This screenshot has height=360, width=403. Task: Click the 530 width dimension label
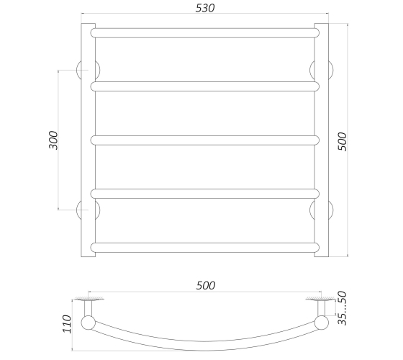point(205,8)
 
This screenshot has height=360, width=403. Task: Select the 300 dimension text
point(53,140)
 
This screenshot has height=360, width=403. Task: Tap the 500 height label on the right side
point(342,141)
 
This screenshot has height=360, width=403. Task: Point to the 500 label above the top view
point(206,285)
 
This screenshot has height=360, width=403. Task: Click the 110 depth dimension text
point(67,324)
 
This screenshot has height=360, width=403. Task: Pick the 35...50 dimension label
point(342,308)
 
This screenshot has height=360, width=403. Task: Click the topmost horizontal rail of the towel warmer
point(205,33)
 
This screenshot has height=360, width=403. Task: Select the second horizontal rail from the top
point(205,86)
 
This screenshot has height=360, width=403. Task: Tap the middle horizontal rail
point(205,140)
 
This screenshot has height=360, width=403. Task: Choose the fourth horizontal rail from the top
point(205,194)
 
